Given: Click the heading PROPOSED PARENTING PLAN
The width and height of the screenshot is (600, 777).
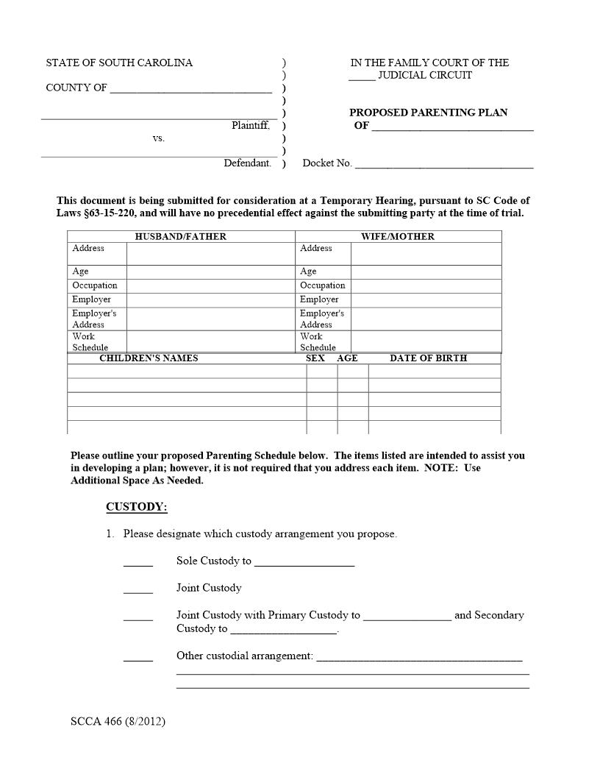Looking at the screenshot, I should click(x=428, y=113).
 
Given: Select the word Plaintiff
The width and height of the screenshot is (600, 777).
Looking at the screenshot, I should click(x=251, y=126).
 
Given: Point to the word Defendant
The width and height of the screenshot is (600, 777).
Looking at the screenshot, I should click(x=247, y=163).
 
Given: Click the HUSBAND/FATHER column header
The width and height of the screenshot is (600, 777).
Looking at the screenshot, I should click(x=181, y=237).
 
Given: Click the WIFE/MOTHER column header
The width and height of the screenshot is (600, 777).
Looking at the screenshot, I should click(x=398, y=237).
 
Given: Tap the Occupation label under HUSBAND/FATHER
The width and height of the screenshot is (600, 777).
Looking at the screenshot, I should click(x=95, y=285).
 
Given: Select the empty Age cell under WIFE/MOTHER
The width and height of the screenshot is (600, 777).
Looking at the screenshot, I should click(x=426, y=272).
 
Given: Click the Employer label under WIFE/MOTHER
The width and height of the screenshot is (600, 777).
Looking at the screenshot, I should click(x=319, y=299).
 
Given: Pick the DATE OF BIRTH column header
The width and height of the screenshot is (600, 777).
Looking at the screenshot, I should click(x=428, y=358).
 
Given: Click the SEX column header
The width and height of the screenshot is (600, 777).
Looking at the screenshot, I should click(x=315, y=358).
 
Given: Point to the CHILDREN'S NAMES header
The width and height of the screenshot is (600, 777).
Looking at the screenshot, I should click(x=149, y=358).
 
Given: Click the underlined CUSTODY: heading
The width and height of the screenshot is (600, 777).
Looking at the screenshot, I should click(x=137, y=507).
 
